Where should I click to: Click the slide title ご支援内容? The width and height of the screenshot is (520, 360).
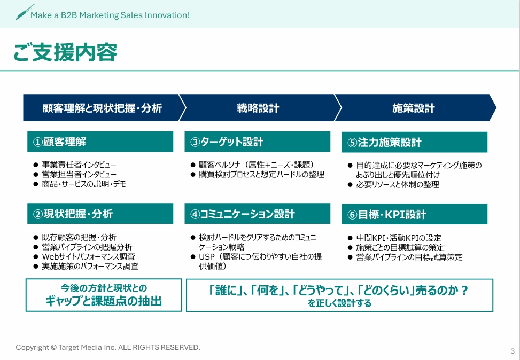pyautogui.click(x=65, y=53)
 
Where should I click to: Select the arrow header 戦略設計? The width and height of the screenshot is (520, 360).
pyautogui.click(x=258, y=108)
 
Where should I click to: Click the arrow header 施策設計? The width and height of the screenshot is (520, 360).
pyautogui.click(x=413, y=108)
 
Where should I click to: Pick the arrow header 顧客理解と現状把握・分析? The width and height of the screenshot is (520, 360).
pyautogui.click(x=102, y=108)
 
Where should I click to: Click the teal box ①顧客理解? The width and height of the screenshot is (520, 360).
pyautogui.click(x=100, y=142)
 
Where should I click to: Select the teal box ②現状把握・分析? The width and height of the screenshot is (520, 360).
pyautogui.click(x=100, y=214)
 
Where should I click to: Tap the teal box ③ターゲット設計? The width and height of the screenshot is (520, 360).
pyautogui.click(x=257, y=142)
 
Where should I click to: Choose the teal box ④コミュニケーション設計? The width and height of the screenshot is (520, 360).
pyautogui.click(x=257, y=214)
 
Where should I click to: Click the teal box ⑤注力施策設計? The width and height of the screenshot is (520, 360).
pyautogui.click(x=414, y=142)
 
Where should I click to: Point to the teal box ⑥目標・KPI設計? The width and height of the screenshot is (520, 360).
pyautogui.click(x=414, y=214)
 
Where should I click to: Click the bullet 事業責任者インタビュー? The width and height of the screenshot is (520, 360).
pyautogui.click(x=79, y=165)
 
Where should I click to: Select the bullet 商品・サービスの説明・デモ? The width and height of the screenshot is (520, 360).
pyautogui.click(x=84, y=184)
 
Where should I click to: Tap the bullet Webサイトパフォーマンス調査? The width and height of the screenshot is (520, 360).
pyautogui.click(x=88, y=256)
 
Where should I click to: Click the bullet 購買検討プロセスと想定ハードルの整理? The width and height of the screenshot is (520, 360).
pyautogui.click(x=261, y=174)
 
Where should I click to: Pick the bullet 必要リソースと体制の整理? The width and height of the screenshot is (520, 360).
pyautogui.click(x=397, y=184)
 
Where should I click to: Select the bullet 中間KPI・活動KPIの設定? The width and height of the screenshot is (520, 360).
pyautogui.click(x=398, y=238)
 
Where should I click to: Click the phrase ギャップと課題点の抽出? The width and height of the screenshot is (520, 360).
pyautogui.click(x=104, y=301)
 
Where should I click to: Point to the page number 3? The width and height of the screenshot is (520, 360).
pyautogui.click(x=512, y=351)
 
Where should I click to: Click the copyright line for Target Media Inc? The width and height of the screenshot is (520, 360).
pyautogui.click(x=107, y=347)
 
